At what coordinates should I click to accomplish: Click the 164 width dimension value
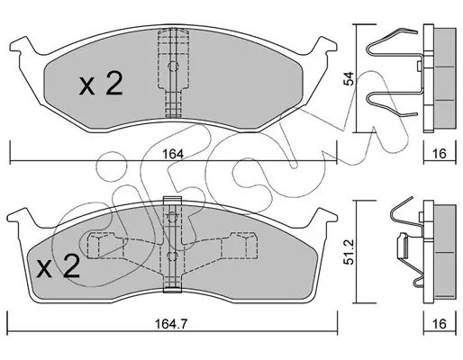click(173, 154)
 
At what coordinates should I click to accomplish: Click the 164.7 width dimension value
click(171, 324)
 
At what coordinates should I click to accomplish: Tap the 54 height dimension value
click(349, 78)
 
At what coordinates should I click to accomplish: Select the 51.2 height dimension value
click(349, 252)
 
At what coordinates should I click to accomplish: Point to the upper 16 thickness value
click(440, 154)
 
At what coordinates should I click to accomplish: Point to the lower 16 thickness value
click(440, 324)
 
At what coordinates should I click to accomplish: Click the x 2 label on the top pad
click(101, 84)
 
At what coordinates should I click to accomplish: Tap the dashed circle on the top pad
click(173, 67)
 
